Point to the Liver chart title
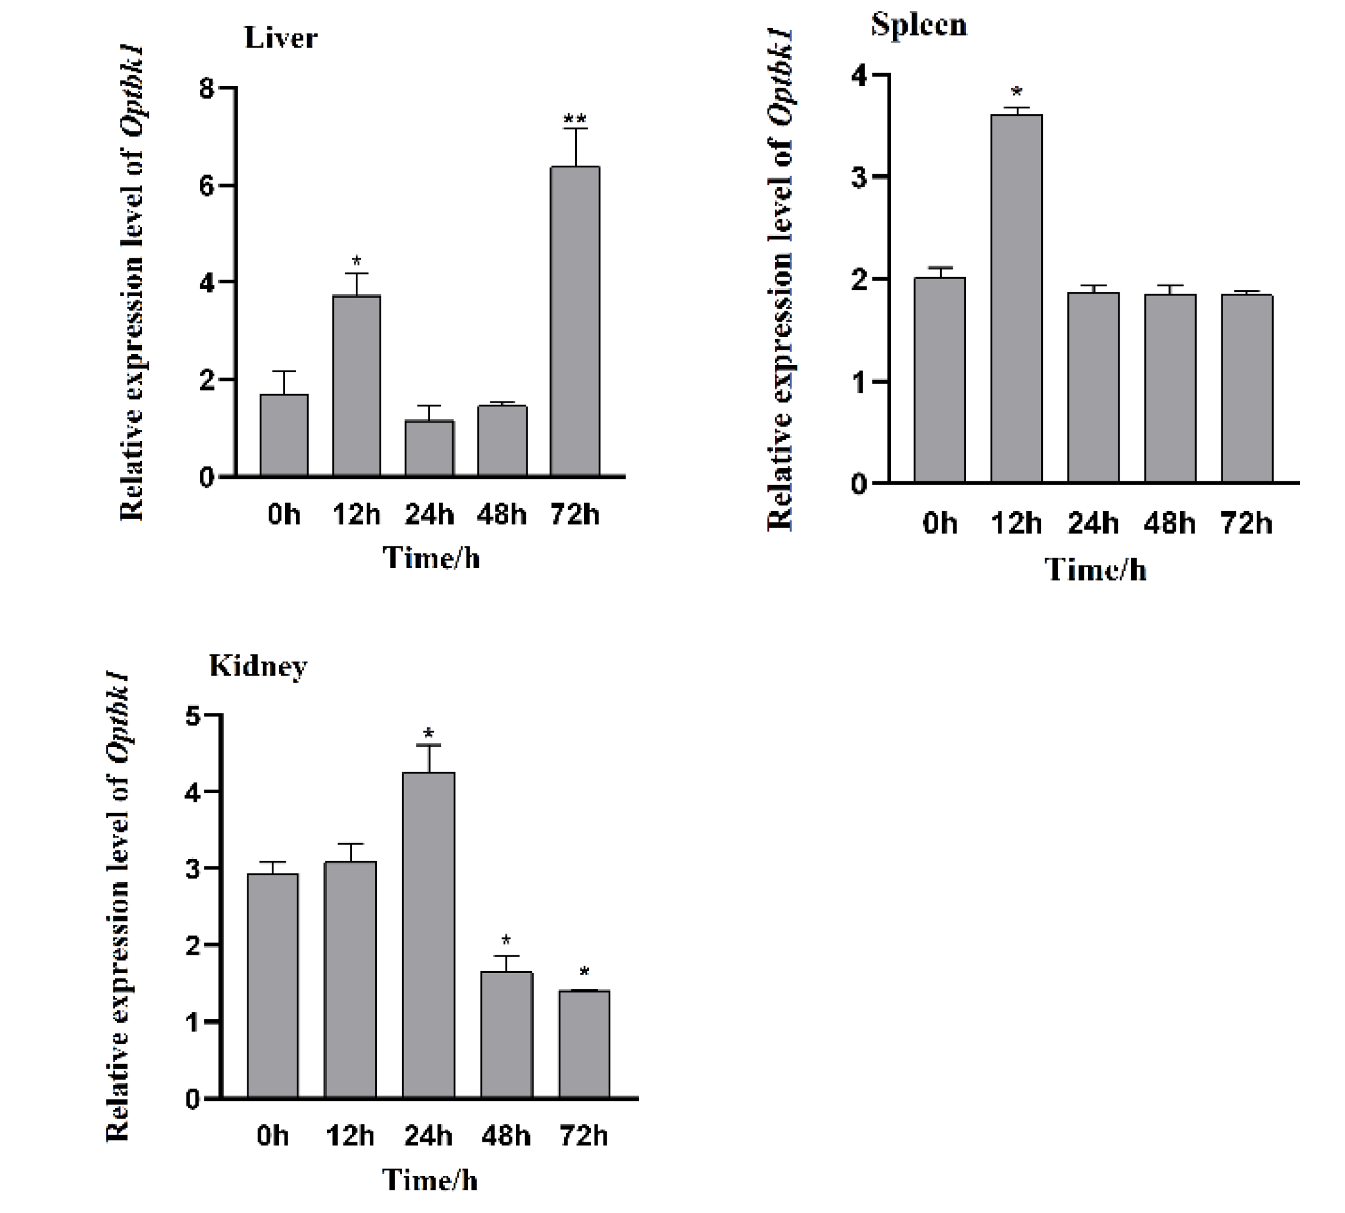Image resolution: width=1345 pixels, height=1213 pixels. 281,38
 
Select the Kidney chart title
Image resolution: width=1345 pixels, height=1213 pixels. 258,665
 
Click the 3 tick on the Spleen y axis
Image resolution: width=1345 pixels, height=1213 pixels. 859,177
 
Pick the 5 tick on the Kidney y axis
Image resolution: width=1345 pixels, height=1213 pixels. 192,716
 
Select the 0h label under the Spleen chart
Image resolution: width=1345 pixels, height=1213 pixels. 940,523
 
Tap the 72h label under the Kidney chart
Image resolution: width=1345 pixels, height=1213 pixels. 584,1136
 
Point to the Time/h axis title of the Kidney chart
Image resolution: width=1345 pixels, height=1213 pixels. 430,1179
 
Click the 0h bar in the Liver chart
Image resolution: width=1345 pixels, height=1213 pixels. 284,435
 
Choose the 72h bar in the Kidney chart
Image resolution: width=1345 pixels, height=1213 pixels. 584,1044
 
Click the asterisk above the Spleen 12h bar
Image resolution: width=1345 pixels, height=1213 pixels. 1017,91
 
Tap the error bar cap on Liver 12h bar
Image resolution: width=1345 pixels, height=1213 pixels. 356,274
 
